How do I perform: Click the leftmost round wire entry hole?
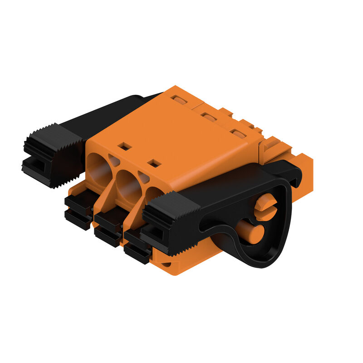(99, 170)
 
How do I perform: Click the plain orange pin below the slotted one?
(251, 231)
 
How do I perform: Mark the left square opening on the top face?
(124, 146)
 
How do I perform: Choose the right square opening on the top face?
(154, 163)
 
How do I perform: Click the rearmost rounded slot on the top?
(180, 100)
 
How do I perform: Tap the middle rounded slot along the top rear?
(209, 117)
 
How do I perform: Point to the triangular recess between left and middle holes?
(114, 160)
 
